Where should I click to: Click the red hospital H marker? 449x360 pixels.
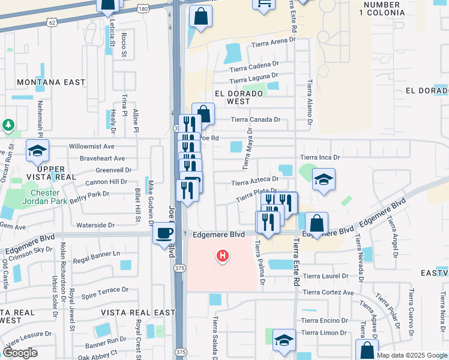[223, 257]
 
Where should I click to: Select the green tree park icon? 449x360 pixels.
[8, 125]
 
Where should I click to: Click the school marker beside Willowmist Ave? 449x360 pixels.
[37, 151]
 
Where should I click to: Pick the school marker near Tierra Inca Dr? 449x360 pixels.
[324, 179]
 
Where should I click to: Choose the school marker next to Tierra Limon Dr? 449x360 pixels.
[284, 340]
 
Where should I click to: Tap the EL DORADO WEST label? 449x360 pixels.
[239, 98]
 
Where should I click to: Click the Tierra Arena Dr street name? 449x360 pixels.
[274, 43]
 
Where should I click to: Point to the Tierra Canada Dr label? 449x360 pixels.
[256, 119]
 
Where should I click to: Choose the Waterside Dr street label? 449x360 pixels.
[96, 225]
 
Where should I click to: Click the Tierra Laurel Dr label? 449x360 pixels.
[325, 276]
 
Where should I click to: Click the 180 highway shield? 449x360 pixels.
[142, 8]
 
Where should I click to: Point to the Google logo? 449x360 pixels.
[20, 353]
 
